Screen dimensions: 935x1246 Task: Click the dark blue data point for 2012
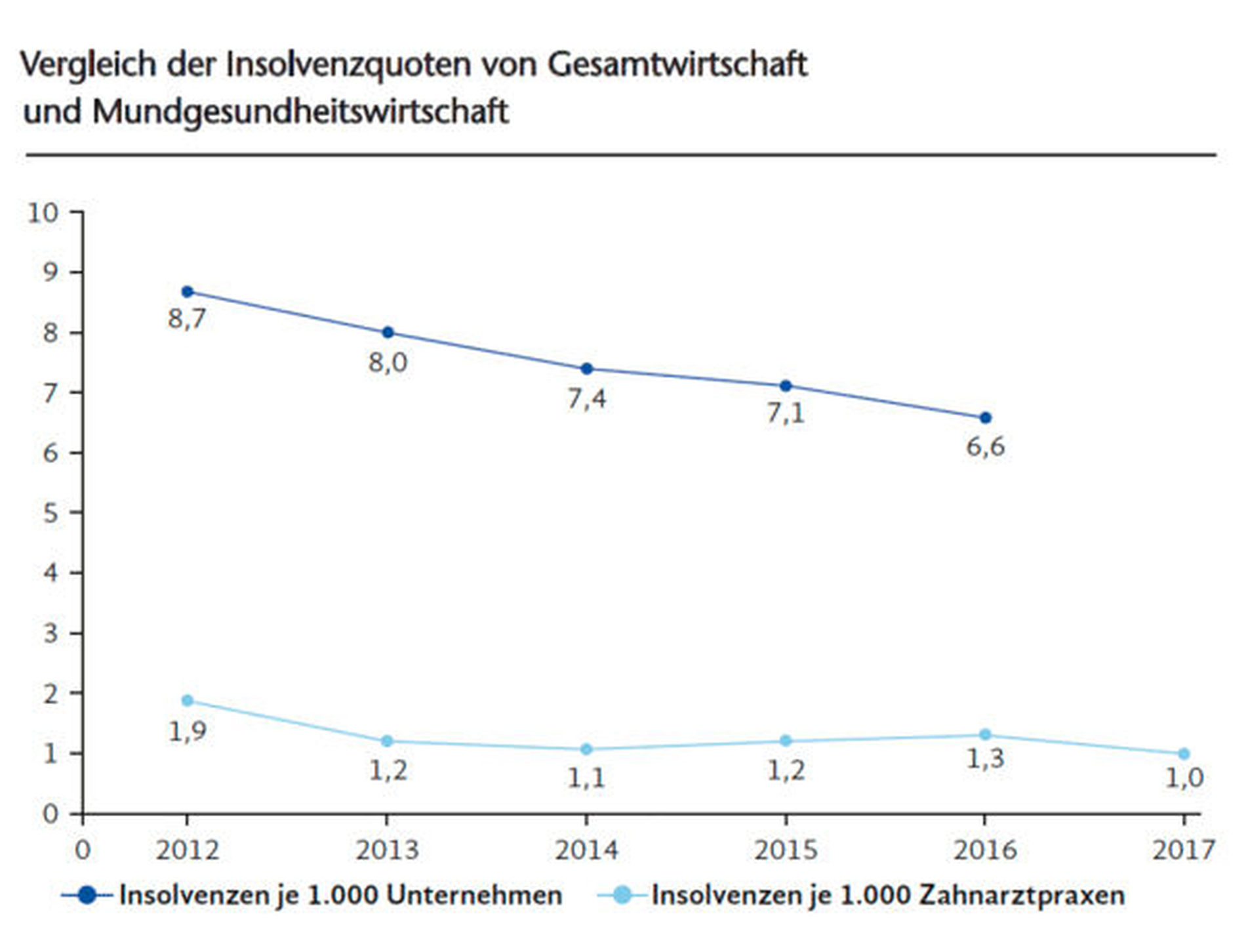point(188,292)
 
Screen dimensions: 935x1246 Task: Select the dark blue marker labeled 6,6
point(985,418)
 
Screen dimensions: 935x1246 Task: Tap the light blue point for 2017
point(1184,754)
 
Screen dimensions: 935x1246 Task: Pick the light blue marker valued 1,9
point(188,701)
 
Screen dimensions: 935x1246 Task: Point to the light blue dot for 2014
point(586,749)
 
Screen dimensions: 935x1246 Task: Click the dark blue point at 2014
point(587,369)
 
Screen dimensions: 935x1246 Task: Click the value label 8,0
point(388,363)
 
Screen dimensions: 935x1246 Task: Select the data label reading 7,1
point(786,413)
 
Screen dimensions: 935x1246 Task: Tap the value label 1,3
point(985,759)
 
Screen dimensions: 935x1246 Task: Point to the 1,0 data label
point(1184,778)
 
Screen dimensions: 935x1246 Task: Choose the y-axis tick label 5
point(51,513)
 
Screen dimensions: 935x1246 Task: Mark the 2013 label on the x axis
point(387,850)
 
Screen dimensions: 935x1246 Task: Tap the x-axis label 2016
point(985,850)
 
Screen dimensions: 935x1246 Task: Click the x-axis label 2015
point(786,850)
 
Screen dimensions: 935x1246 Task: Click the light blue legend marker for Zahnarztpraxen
point(624,895)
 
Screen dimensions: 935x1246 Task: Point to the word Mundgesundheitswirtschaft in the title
point(300,112)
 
